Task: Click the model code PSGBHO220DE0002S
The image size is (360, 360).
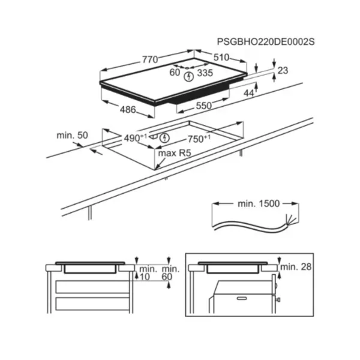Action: (266, 42)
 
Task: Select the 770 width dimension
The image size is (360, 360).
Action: (150, 59)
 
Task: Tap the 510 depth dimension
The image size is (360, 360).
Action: (221, 58)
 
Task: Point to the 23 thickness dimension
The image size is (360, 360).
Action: (283, 70)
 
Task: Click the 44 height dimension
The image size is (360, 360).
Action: (248, 93)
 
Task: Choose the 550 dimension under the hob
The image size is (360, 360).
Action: (204, 106)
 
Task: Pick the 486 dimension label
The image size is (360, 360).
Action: (128, 110)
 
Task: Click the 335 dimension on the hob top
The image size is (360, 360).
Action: (205, 73)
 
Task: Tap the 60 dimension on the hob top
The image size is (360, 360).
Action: (175, 73)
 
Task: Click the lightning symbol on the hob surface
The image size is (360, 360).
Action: (189, 77)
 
